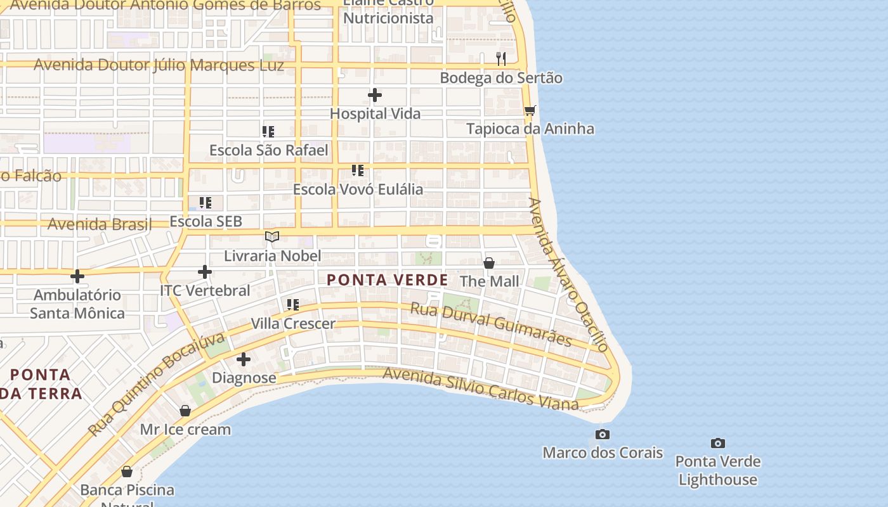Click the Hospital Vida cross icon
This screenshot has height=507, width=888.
[375, 95]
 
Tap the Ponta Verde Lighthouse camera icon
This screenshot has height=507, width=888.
[718, 443]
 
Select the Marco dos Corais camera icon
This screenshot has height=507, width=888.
[603, 434]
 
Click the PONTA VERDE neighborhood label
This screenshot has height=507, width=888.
[387, 279]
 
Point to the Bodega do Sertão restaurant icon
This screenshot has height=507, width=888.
[501, 59]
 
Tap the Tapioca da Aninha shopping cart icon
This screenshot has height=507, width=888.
[530, 110]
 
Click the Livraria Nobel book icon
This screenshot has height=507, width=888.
[272, 237]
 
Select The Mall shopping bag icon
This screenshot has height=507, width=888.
[489, 262]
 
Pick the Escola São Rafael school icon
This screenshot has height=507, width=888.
[268, 132]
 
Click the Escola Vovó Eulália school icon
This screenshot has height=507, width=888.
[358, 170]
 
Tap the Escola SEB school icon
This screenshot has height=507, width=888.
[206, 203]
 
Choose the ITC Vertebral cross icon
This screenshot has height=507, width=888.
[204, 272]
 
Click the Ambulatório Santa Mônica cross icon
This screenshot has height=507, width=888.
[77, 276]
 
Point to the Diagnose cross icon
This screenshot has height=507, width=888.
[244, 359]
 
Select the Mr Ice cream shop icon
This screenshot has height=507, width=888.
[185, 411]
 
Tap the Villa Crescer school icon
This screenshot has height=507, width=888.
[292, 305]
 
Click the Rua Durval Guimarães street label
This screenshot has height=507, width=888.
[491, 324]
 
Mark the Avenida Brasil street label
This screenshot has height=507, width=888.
[100, 224]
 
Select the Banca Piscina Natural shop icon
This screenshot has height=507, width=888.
[127, 472]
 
